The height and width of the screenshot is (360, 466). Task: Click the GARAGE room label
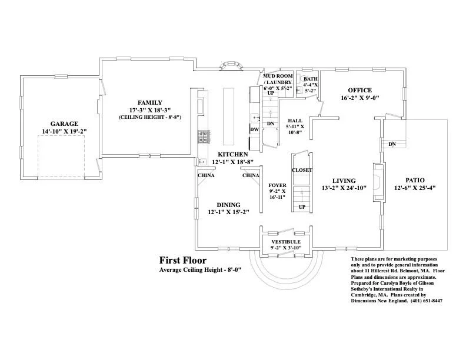click(x=64, y=124)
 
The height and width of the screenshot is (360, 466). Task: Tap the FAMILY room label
click(x=149, y=102)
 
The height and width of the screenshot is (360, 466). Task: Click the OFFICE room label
click(x=355, y=90)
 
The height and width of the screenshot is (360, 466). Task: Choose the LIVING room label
click(x=344, y=181)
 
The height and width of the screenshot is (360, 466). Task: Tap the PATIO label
click(x=415, y=180)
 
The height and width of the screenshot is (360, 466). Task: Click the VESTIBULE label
click(x=286, y=242)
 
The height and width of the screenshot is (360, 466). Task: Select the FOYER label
click(x=277, y=185)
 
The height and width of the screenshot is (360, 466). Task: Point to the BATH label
click(x=310, y=78)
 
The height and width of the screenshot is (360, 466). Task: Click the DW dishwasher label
click(x=254, y=129)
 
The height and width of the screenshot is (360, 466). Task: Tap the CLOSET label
click(x=302, y=170)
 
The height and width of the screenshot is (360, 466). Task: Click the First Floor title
click(x=182, y=259)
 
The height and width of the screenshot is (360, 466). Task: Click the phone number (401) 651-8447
click(x=421, y=301)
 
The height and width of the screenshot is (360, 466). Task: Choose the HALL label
click(x=294, y=120)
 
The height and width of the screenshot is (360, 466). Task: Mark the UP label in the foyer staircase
click(x=302, y=206)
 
